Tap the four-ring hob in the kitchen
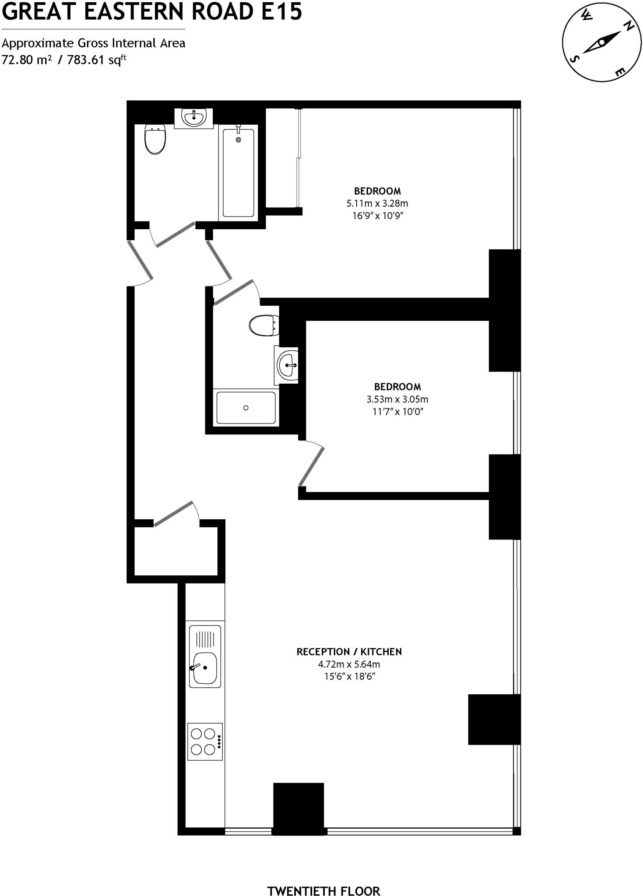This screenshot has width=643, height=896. pyautogui.click(x=204, y=741)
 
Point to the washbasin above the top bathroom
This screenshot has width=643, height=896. pyautogui.click(x=194, y=117)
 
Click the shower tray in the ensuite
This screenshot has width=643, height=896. pyautogui.click(x=246, y=408)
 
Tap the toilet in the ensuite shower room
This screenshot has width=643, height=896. pyautogui.click(x=264, y=325)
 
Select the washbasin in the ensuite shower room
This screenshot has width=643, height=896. pyautogui.click(x=288, y=364)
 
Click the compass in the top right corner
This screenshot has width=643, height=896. pyautogui.click(x=601, y=42)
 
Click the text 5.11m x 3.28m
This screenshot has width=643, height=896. pyautogui.click(x=377, y=203)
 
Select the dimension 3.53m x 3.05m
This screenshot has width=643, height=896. pyautogui.click(x=397, y=399)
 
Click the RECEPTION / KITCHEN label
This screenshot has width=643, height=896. pyautogui.click(x=349, y=652)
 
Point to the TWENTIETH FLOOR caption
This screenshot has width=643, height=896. pyautogui.click(x=323, y=879)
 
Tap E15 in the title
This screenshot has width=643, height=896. pyautogui.click(x=282, y=12)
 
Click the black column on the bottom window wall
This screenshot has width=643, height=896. pyautogui.click(x=299, y=808)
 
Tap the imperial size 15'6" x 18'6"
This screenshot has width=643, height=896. pyautogui.click(x=349, y=676)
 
